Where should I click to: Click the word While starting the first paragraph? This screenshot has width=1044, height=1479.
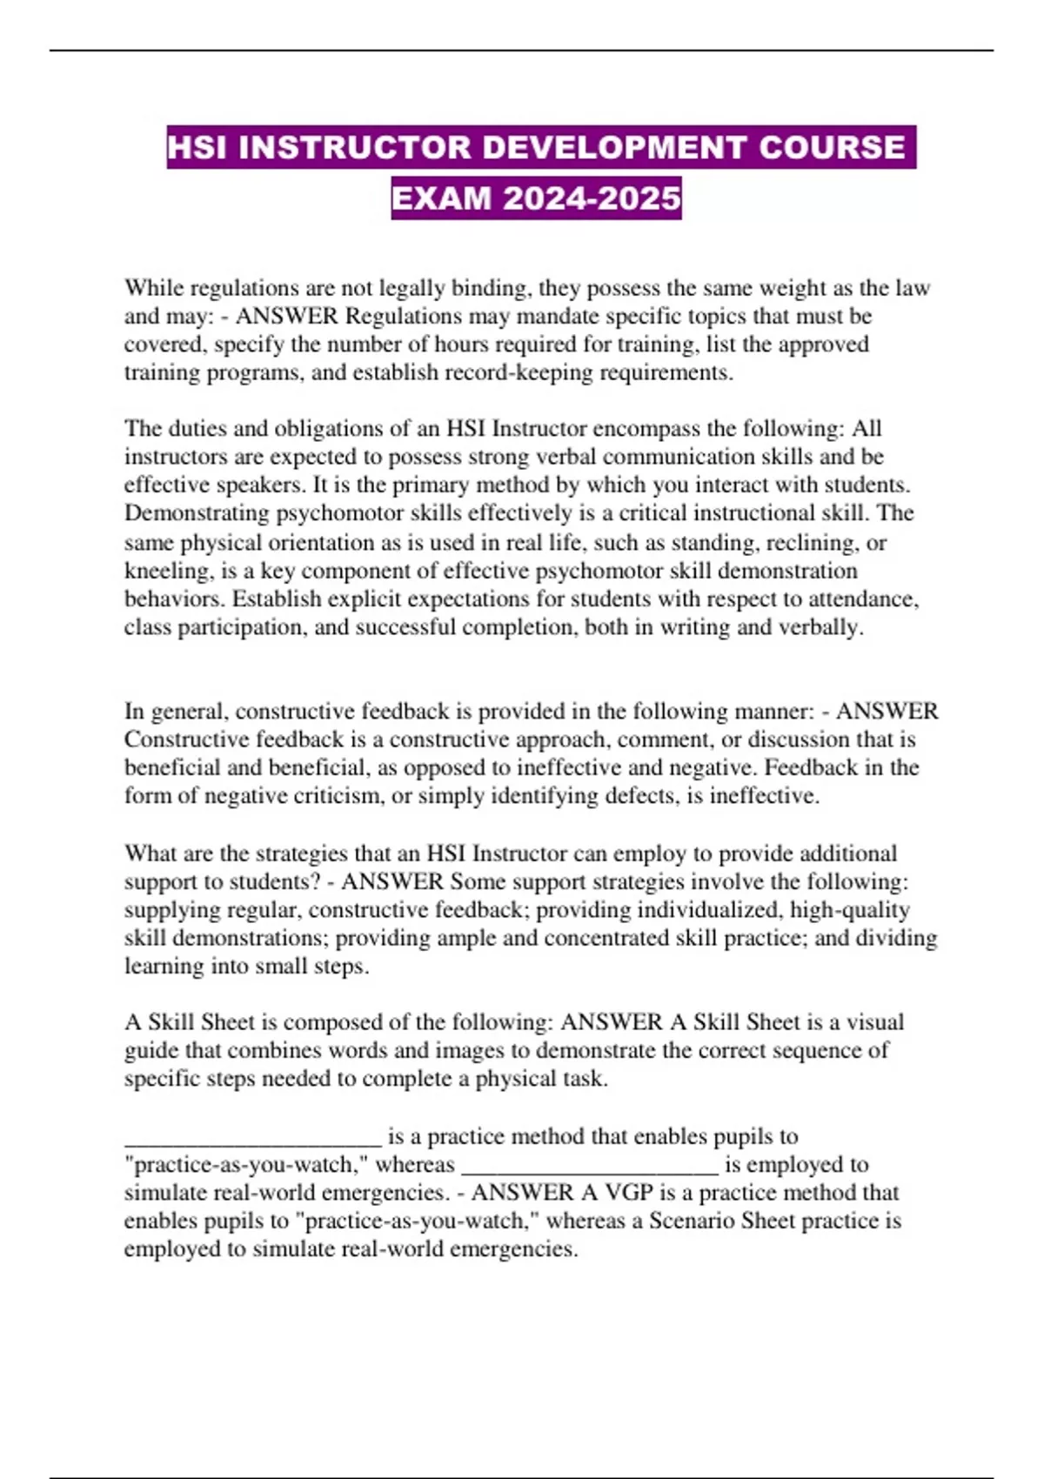pyautogui.click(x=154, y=288)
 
